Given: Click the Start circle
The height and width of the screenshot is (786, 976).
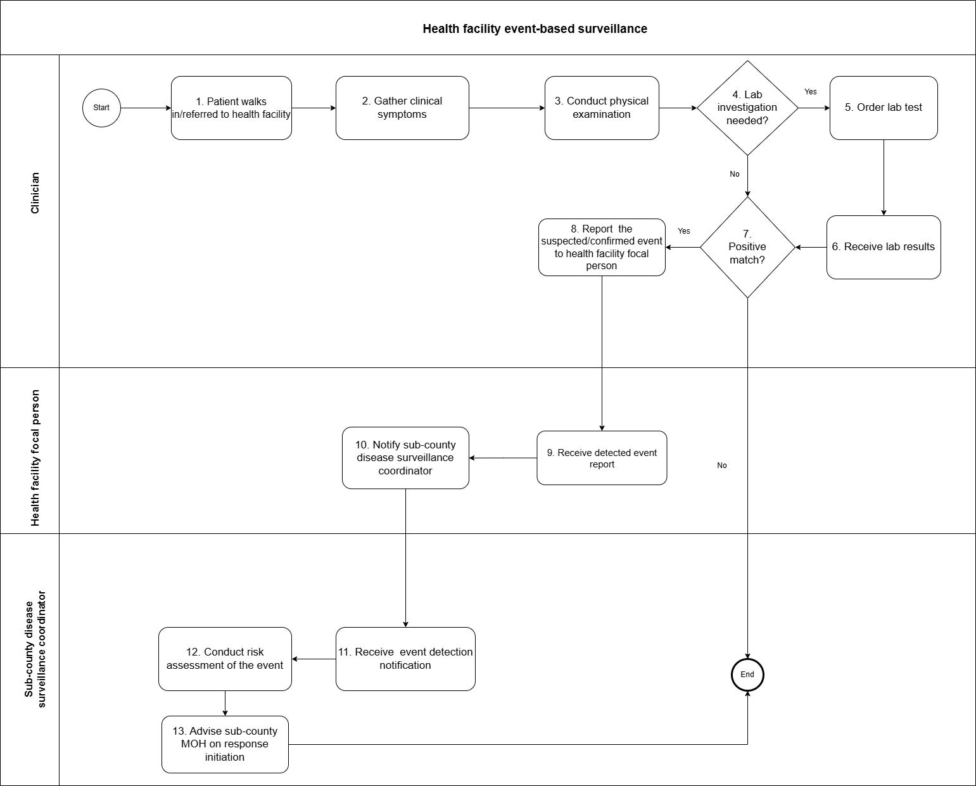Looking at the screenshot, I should (x=101, y=108).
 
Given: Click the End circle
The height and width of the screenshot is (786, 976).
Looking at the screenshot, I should (x=747, y=675).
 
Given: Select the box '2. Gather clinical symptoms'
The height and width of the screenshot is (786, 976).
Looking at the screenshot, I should (x=402, y=108).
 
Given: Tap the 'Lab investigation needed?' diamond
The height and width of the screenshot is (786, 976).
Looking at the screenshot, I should (x=747, y=108).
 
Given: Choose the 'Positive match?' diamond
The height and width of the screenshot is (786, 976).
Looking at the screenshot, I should (x=747, y=247).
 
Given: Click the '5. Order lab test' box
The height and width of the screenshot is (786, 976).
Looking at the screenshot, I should (x=884, y=108).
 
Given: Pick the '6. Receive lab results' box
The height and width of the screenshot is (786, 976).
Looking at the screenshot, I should (x=884, y=247).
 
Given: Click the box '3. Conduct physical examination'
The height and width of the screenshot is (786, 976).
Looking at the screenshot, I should (x=602, y=108).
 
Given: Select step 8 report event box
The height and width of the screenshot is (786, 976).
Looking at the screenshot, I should (x=602, y=247).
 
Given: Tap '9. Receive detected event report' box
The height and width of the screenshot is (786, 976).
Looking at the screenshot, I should (x=602, y=458).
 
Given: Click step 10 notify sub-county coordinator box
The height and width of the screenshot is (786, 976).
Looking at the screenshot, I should (x=405, y=458).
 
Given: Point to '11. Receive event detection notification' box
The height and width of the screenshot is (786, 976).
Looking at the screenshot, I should (x=405, y=659).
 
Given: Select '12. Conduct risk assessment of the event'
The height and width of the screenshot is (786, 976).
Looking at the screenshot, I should (x=225, y=659).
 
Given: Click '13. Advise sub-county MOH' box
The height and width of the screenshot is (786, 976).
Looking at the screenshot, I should (x=225, y=744).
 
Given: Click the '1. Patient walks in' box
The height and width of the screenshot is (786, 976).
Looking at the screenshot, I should (x=231, y=108).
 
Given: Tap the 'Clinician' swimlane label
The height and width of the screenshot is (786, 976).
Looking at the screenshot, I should (x=35, y=193).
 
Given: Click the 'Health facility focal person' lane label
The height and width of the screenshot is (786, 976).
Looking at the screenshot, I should (x=35, y=457).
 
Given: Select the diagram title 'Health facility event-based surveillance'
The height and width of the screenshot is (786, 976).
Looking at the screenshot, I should (x=535, y=29).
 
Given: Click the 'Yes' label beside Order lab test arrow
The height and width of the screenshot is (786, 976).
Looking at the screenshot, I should (x=810, y=92).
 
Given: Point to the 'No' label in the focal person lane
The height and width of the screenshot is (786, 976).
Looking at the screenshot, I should (x=721, y=466).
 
